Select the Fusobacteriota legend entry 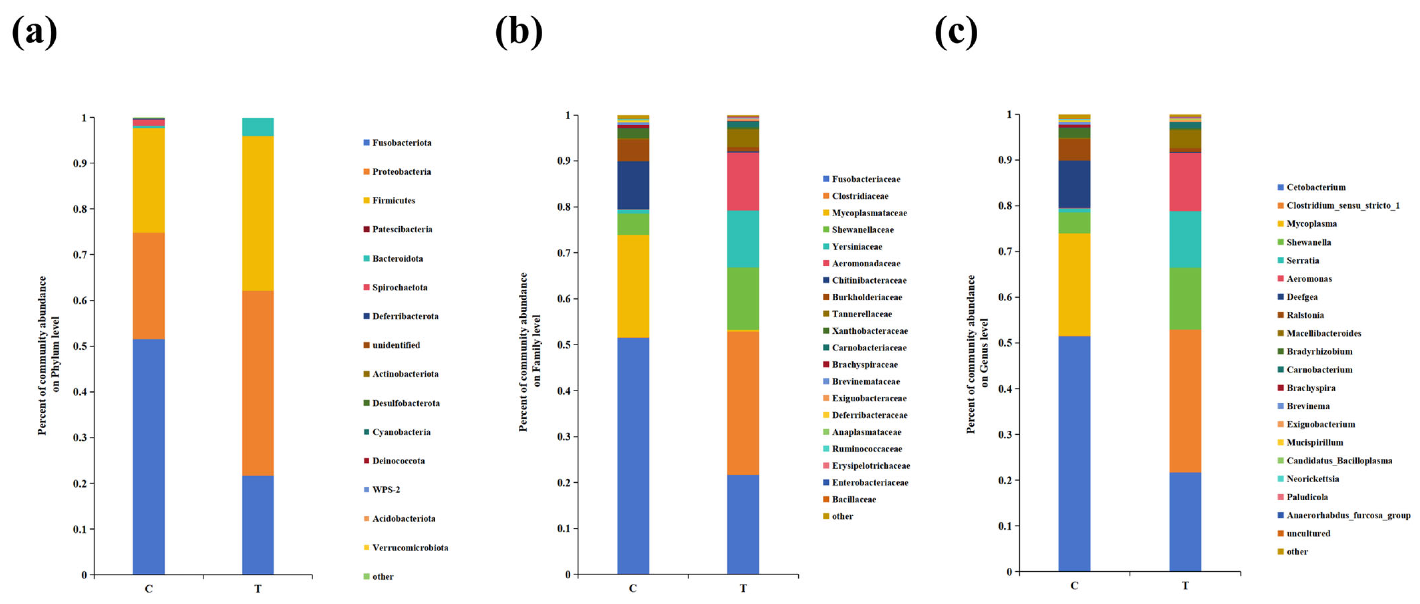click(x=401, y=143)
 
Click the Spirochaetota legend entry click(x=399, y=287)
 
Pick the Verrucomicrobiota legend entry click(x=409, y=547)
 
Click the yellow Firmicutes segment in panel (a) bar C click(x=148, y=180)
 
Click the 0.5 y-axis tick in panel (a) click(x=81, y=346)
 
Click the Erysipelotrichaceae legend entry click(x=870, y=466)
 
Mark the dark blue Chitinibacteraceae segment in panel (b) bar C click(x=633, y=185)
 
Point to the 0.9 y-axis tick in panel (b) click(x=564, y=161)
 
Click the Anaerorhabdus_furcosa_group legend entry click(x=1348, y=515)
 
